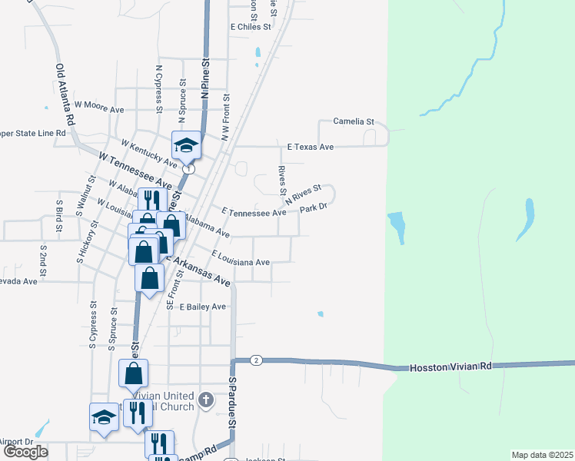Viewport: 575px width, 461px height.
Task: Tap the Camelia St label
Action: click(353, 121)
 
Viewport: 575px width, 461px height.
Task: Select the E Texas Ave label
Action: click(311, 147)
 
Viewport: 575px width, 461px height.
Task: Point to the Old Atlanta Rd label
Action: click(65, 95)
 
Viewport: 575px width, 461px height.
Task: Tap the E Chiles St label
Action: click(251, 26)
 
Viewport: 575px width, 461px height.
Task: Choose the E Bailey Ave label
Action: click(203, 307)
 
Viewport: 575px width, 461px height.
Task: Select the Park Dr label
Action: click(314, 207)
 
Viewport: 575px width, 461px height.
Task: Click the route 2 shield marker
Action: click(256, 360)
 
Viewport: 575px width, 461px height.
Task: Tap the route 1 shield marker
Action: click(188, 168)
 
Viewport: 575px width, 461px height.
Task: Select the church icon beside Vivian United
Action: click(204, 399)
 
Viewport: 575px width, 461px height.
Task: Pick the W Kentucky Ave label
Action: click(149, 151)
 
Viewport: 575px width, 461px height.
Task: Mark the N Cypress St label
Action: click(159, 89)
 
